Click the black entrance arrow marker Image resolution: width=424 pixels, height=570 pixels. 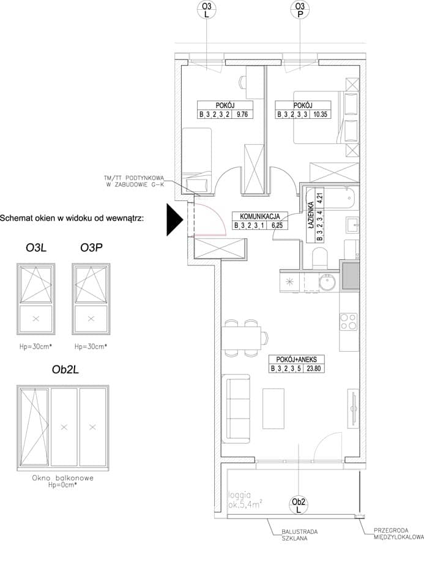tap(174, 220)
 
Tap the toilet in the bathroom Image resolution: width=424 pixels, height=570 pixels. tap(320, 258)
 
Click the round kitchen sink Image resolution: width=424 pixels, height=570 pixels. tap(328, 282)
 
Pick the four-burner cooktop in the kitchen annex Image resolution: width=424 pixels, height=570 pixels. tap(349, 322)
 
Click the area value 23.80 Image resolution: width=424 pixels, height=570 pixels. tap(314, 368)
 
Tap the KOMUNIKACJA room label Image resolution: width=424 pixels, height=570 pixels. tap(260, 216)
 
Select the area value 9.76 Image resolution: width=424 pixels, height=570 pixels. tap(242, 114)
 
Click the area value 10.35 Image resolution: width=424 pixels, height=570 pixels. tap(320, 114)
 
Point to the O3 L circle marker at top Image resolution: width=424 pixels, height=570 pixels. tap(206, 10)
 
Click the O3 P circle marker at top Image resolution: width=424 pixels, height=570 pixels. tap(300, 10)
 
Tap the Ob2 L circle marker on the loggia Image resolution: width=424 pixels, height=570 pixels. tap(299, 505)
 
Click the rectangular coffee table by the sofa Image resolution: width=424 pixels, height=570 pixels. tap(273, 408)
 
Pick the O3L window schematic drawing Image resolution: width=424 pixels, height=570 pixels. tap(36, 299)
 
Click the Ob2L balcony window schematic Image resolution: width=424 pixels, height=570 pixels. tap(63, 428)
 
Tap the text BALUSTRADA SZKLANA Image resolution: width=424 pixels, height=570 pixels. tap(299, 534)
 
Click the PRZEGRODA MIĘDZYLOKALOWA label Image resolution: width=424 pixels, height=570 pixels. tap(398, 534)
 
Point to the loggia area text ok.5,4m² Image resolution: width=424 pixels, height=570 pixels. tap(245, 504)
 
